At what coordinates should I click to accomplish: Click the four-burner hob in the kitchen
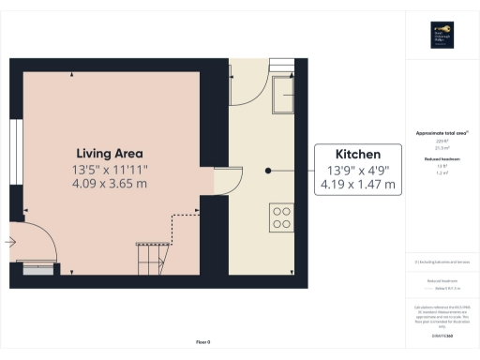(x=281, y=217)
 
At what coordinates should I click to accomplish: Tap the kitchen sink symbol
(x=284, y=94)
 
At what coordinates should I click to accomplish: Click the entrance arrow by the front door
(x=9, y=243)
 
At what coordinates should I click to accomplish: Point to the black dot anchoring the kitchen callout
(x=268, y=171)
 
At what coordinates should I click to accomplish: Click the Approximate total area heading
(x=441, y=133)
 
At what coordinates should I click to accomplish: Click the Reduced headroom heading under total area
(x=440, y=160)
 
